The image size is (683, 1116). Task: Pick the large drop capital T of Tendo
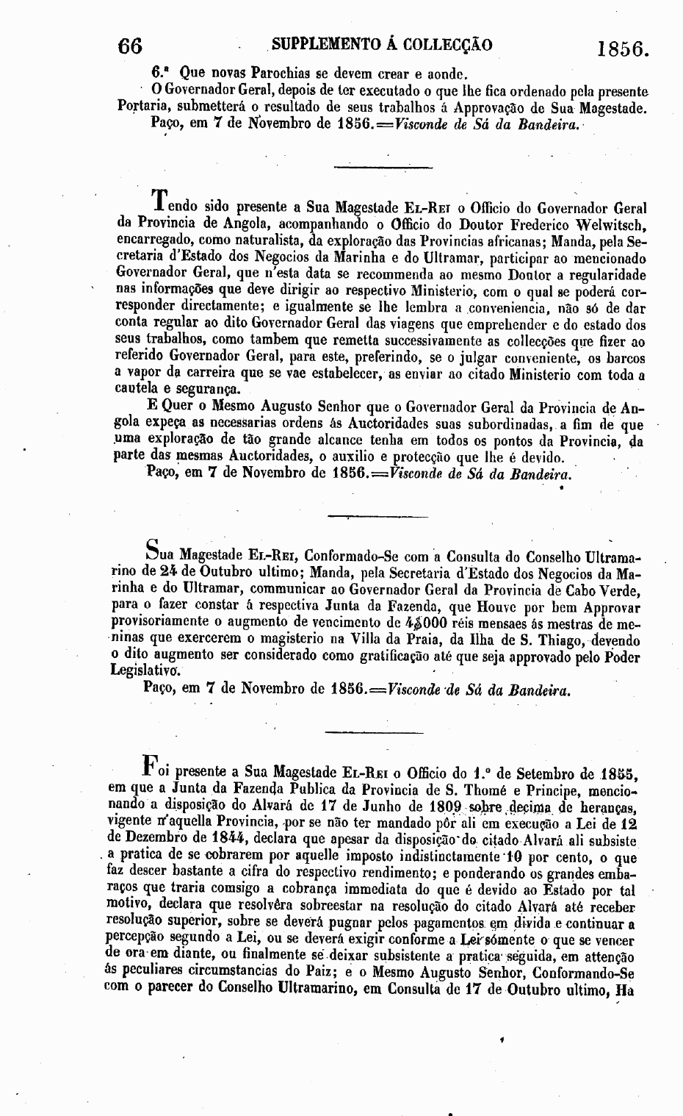[159, 200]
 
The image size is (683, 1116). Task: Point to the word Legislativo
[144, 670]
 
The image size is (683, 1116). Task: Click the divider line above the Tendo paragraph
[364, 168]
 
